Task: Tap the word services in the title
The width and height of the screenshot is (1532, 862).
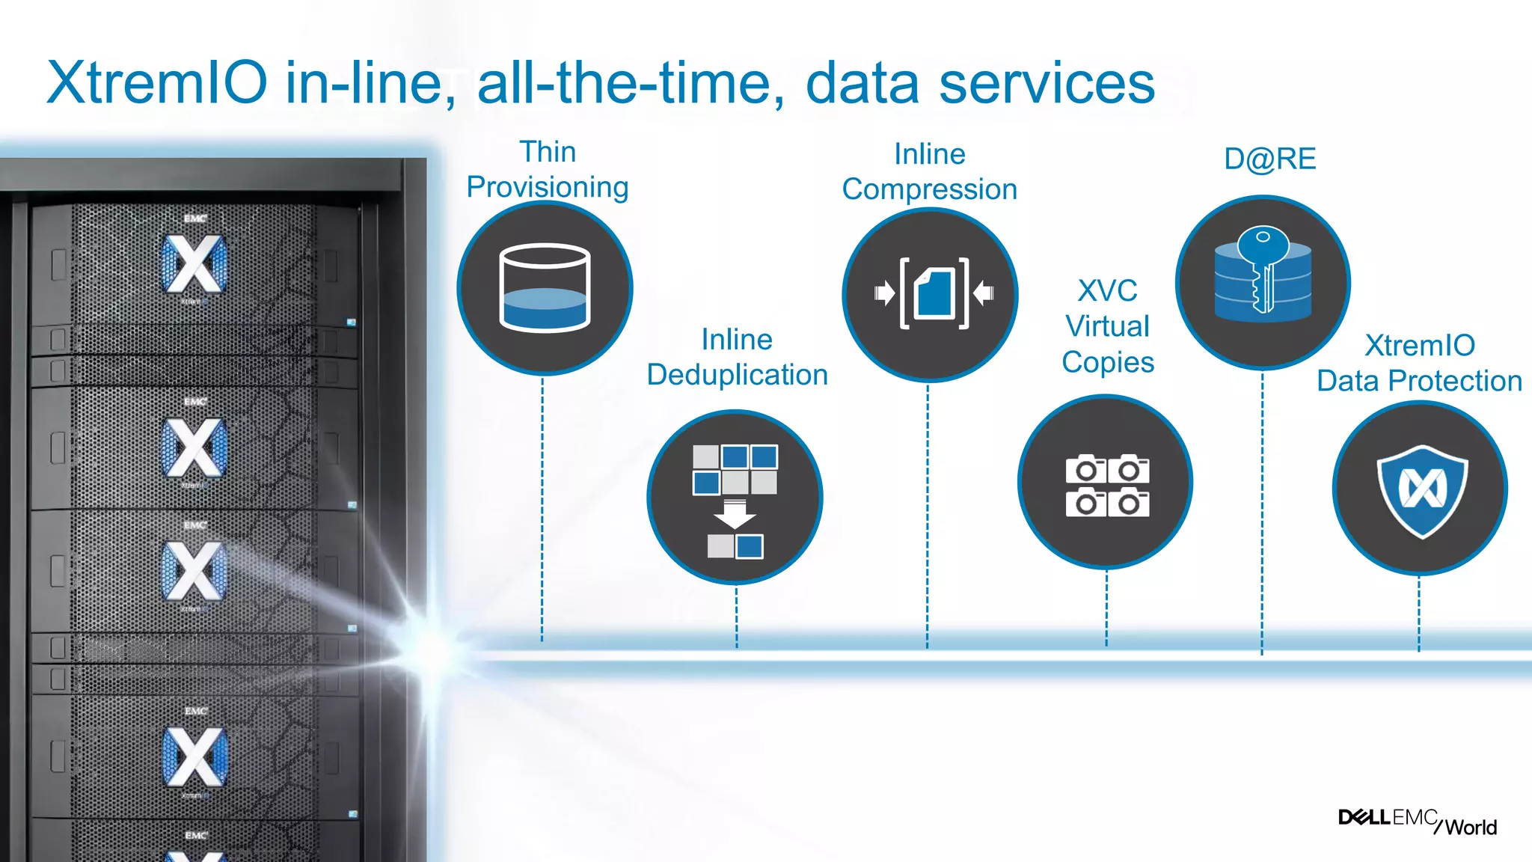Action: (1047, 84)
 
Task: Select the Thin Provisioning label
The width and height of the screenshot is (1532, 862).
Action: (548, 170)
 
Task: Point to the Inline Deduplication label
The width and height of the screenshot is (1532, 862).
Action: (737, 357)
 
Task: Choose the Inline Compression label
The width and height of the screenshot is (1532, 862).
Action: (930, 172)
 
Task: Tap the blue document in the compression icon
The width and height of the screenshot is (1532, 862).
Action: (934, 293)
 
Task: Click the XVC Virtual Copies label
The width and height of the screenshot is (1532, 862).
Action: (1108, 326)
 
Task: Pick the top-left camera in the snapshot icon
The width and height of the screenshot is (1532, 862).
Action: (1085, 469)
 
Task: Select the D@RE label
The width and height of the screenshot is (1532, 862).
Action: (1269, 159)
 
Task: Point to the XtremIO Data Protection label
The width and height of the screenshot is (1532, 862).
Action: (1419, 364)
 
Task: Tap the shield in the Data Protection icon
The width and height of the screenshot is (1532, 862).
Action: (1422, 490)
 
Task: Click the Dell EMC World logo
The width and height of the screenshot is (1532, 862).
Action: (1418, 821)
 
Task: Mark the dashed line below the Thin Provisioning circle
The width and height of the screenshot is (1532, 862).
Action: (542, 509)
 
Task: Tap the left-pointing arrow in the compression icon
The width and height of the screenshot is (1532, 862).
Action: (984, 293)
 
